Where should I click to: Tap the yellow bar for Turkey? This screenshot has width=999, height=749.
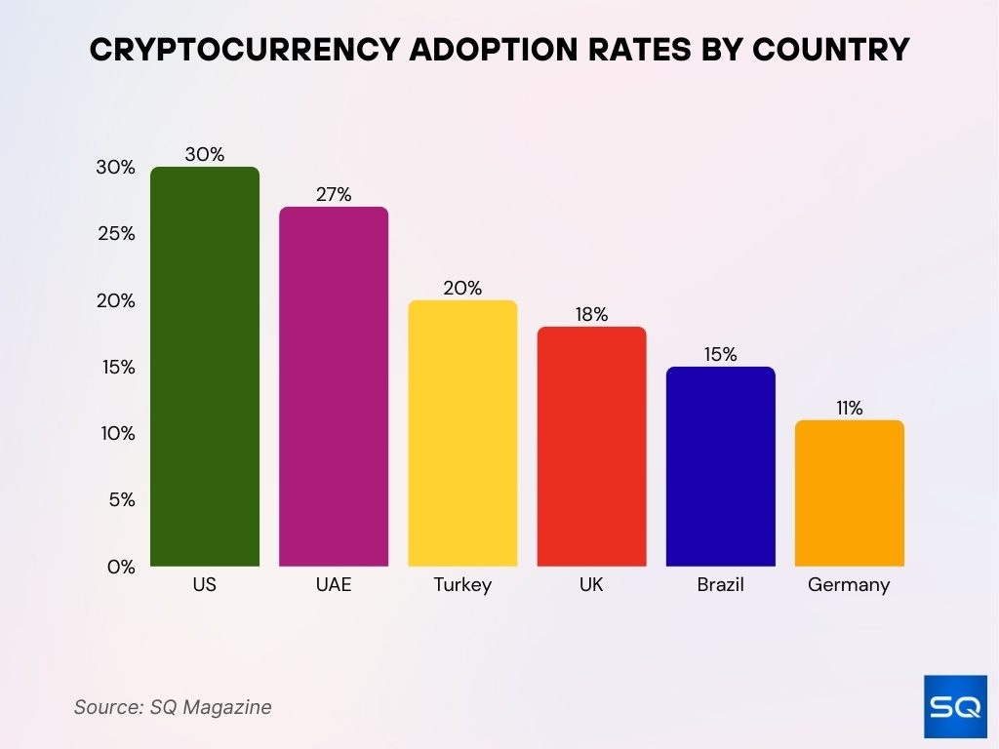[462, 433]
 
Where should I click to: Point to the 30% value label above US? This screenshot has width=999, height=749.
[205, 154]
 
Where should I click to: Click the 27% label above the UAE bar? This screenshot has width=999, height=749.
[334, 194]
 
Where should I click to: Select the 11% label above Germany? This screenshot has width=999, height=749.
[849, 408]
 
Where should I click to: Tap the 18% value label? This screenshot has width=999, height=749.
[591, 314]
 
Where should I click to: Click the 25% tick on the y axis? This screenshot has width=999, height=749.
[115, 234]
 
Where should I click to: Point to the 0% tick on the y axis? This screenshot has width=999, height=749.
[121, 567]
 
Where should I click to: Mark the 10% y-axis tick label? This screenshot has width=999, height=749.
[115, 433]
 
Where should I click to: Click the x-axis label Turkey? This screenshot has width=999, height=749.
[462, 585]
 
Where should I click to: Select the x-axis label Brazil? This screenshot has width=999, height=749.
[720, 585]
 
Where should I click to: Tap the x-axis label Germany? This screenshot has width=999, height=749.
[849, 586]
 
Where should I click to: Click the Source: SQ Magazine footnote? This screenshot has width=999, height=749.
[173, 707]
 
